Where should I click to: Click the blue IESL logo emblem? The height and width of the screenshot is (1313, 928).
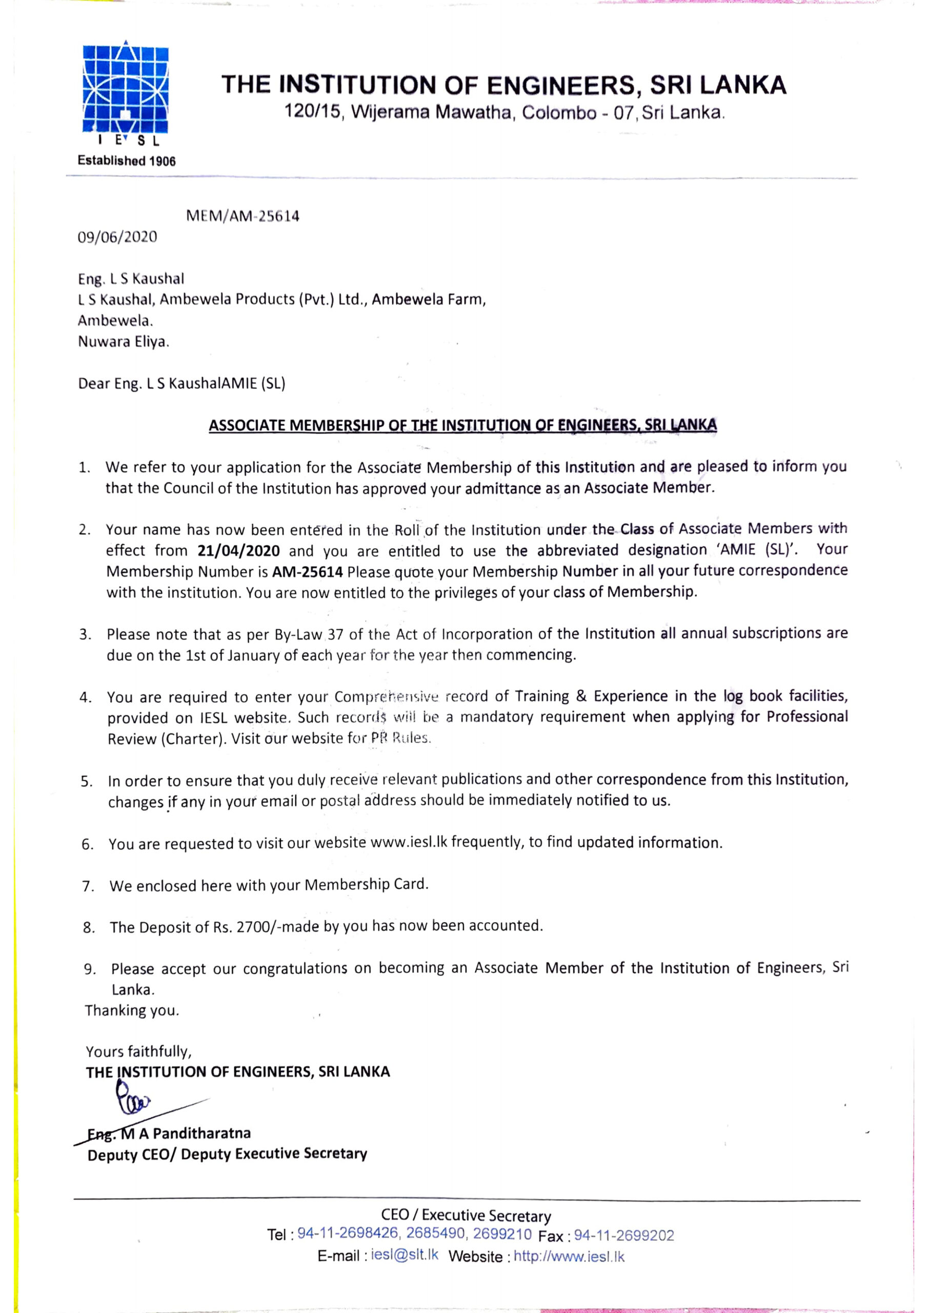pos(126,90)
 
